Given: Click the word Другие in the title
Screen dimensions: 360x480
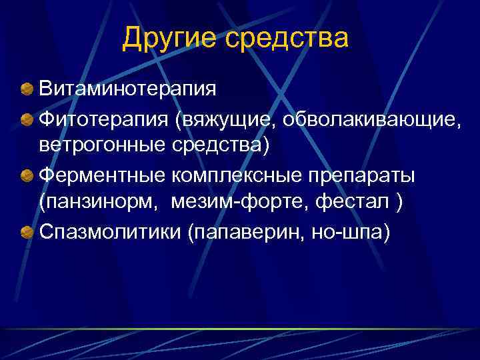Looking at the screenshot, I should pos(168,38).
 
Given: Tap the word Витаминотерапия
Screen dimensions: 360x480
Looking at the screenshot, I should pos(127,89).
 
